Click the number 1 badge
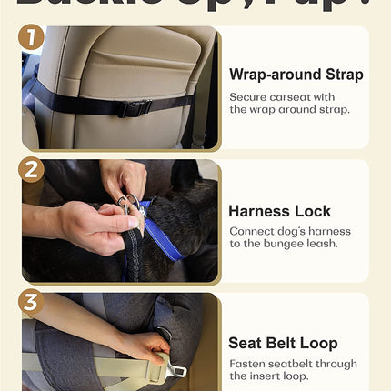32,38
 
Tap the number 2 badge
32,171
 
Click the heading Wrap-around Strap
296,75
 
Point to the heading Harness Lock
277,211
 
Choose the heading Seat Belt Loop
283,343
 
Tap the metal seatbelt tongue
172,372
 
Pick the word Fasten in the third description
246,364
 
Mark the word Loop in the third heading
319,344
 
